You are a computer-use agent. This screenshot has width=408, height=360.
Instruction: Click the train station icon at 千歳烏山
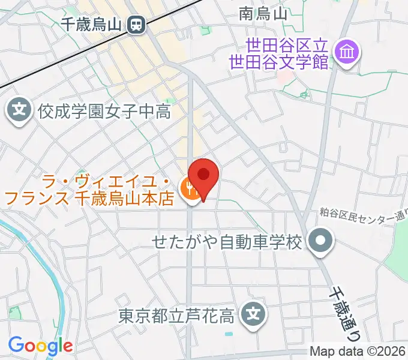point(136,25)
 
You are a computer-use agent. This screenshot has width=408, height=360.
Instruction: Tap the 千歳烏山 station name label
point(92,25)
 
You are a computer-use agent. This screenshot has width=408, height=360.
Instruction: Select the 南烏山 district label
point(263,14)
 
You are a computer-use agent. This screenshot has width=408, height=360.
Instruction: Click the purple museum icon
point(347,52)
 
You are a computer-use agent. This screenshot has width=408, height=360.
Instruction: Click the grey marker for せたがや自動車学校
point(320,242)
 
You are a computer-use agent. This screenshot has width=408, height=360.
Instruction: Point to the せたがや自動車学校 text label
point(227,242)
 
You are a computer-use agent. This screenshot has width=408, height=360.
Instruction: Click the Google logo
point(40,346)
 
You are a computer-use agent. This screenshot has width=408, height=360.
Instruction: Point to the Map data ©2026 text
point(357,352)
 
